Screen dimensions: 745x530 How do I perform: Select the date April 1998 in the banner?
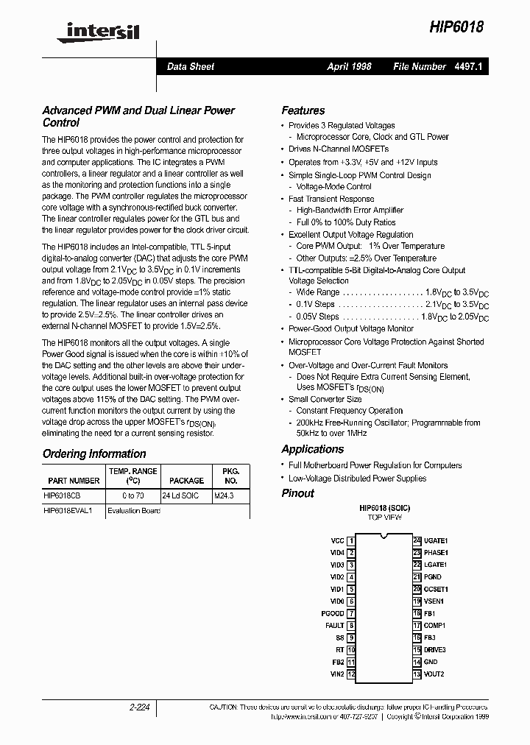tap(349, 66)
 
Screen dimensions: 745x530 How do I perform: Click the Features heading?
tap(303, 110)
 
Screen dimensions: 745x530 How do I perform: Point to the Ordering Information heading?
tap(94, 454)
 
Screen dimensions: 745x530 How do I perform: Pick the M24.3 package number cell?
tap(225, 496)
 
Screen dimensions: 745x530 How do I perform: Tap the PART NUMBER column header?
tap(74, 480)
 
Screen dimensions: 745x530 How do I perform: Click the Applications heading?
tap(312, 449)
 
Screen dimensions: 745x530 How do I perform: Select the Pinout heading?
tap(297, 493)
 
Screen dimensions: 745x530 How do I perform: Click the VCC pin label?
tap(337, 540)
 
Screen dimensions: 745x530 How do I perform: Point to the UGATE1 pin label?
tap(436, 540)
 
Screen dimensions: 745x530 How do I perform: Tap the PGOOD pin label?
tap(333, 613)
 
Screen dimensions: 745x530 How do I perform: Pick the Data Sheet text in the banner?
tap(191, 66)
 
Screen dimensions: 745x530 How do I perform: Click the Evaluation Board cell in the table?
tap(134, 510)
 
